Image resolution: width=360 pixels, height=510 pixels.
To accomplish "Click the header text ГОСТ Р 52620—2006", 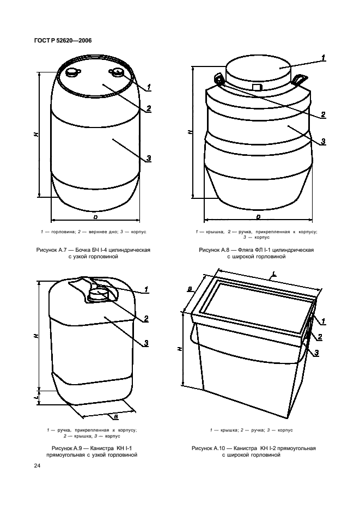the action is tap(63, 41).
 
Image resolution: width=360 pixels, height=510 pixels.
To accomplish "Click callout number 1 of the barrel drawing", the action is tap(149, 87).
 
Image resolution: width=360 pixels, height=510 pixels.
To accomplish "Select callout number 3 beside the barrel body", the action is tap(149, 158).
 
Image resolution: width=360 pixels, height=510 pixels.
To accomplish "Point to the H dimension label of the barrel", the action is tap(36, 134).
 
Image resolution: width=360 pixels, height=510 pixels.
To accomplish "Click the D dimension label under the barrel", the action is tap(96, 217).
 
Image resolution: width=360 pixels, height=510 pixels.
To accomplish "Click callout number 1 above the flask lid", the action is tap(323, 58).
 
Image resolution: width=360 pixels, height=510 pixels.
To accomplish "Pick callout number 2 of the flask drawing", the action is tap(323, 114).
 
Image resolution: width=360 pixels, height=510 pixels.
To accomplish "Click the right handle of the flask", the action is tap(299, 80).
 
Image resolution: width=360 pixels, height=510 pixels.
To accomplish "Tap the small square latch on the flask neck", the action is tap(257, 87).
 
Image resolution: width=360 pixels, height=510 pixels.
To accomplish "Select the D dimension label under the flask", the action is tap(258, 217).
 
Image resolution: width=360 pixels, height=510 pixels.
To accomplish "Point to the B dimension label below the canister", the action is tap(116, 416).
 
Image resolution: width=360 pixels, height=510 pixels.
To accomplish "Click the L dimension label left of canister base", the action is tap(36, 397).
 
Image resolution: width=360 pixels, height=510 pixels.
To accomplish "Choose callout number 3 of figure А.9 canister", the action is tap(146, 343).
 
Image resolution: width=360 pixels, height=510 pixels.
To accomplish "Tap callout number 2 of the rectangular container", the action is tap(320, 337).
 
